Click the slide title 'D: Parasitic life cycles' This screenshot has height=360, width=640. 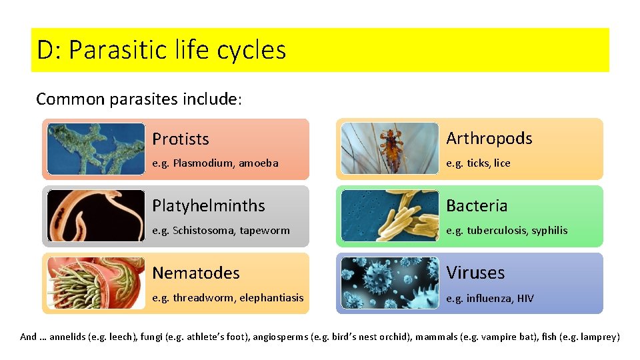tap(161, 50)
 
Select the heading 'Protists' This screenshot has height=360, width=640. tap(181, 139)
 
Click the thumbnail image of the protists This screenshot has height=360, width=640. tap(96, 149)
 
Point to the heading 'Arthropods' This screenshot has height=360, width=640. tap(489, 138)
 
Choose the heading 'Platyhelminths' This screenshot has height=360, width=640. tap(208, 205)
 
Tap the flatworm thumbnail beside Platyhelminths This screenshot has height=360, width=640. tap(96, 215)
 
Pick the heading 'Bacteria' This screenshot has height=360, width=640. tap(476, 205)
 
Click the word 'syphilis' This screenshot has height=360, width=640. tap(549, 231)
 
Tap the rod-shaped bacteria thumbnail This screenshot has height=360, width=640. tap(390, 215)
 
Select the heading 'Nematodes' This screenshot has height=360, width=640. tap(195, 273)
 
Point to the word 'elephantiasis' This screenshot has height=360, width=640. tap(271, 298)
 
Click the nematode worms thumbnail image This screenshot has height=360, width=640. tap(96, 283)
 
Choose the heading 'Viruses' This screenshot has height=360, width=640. tap(475, 273)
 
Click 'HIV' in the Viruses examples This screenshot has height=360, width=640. tap(525, 298)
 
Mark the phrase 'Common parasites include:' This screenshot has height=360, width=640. tap(139, 99)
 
